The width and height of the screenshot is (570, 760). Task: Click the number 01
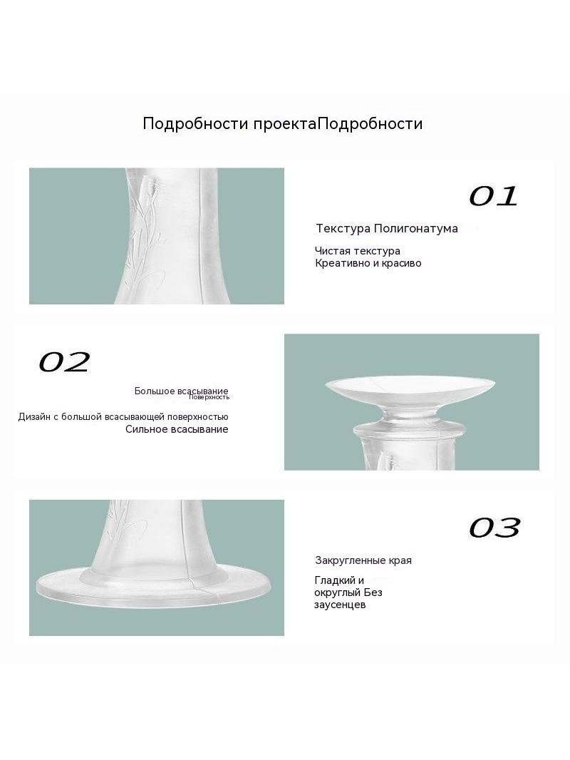tap(494, 196)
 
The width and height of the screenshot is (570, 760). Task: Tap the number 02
tap(64, 362)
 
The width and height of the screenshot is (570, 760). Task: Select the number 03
tap(494, 528)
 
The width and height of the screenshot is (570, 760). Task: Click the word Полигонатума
tap(416, 228)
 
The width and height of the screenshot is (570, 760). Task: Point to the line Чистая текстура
tap(358, 251)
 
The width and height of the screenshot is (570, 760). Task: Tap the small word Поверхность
tap(209, 397)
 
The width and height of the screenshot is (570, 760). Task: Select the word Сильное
tap(144, 429)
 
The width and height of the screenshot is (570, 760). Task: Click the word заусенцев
tap(339, 605)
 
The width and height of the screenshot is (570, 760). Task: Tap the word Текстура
tap(343, 228)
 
